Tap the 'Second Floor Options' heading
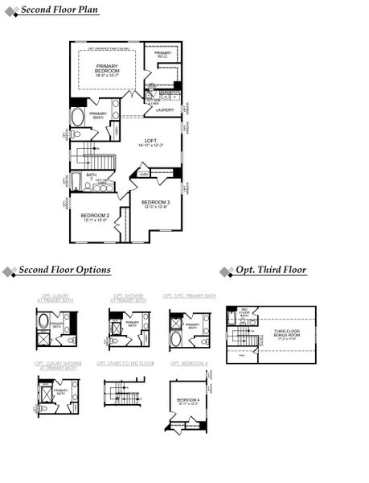pyautogui.click(x=64, y=270)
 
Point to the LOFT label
pyautogui.click(x=150, y=142)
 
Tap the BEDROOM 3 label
pyautogui.click(x=155, y=204)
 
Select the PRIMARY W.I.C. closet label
pyautogui.click(x=162, y=55)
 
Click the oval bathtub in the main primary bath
pyautogui.click(x=77, y=120)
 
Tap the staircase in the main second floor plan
pyautogui.click(x=86, y=155)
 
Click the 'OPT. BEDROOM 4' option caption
pyautogui.click(x=189, y=364)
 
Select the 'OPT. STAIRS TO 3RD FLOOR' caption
pyautogui.click(x=125, y=364)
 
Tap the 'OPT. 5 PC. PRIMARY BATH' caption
pyautogui.click(x=189, y=296)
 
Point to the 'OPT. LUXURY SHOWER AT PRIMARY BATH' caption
pyautogui.click(x=58, y=365)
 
